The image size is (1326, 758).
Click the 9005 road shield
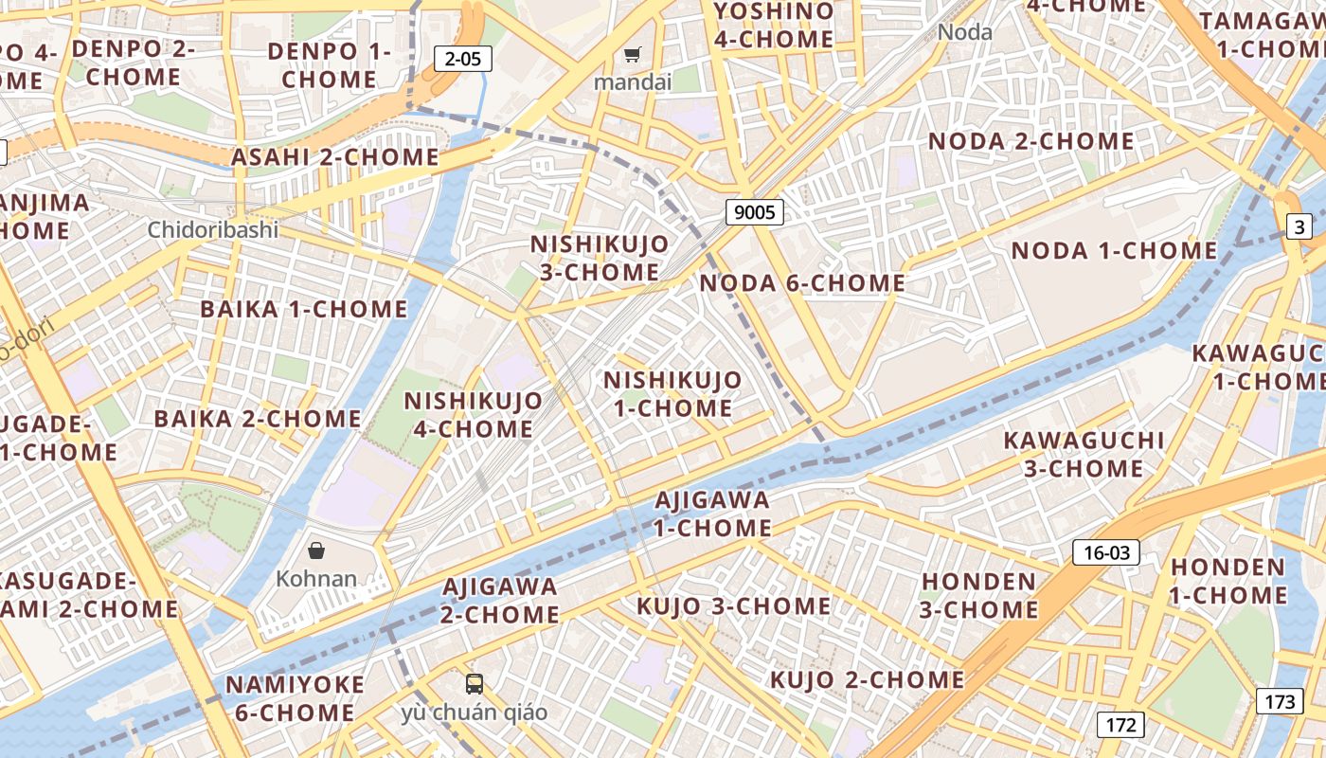pos(755,212)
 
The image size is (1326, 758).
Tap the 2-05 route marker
pos(462,59)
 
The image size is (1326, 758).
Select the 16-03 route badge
pos(1105,552)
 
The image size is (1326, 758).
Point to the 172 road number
pos(1120,726)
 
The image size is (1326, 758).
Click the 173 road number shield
pos(1280,702)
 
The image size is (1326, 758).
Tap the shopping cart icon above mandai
pos(632,55)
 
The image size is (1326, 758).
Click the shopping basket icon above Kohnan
pos(316,550)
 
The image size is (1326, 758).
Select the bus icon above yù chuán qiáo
pos(474,683)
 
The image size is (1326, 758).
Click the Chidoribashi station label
pos(213,230)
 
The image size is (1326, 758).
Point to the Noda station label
pos(965,32)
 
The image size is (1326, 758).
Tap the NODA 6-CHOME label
pos(802,283)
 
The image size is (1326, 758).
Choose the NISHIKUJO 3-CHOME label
pos(599,258)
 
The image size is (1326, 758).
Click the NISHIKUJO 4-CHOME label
pos(474,414)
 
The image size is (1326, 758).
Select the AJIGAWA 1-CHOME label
pos(712,513)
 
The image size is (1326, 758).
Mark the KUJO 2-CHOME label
pos(867,679)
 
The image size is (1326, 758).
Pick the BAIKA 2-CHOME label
pos(258,419)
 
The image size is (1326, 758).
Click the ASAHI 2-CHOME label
pos(335,157)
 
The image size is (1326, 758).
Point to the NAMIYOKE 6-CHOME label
pos(295,698)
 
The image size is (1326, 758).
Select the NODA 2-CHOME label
pos(1030,142)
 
